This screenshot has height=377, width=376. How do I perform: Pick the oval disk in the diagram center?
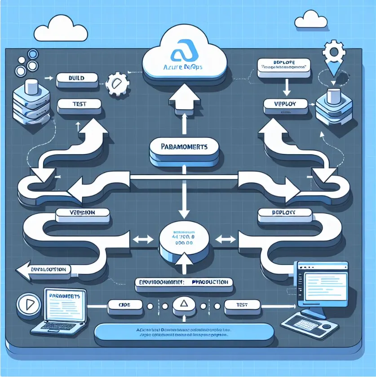click(183, 238)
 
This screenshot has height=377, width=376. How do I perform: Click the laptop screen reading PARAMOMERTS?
click(66, 305)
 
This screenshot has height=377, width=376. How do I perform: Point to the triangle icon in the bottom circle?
click(183, 306)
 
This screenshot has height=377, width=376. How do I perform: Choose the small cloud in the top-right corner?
click(311, 19)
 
